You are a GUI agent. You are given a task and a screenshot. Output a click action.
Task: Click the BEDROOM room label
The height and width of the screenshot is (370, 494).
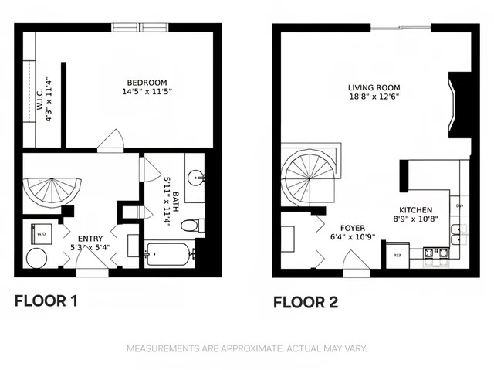(x=147, y=83)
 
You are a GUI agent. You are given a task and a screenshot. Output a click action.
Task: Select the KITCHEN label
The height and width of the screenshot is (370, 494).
(x=414, y=210)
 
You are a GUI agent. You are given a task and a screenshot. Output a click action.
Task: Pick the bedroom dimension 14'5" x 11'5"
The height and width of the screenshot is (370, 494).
(x=147, y=92)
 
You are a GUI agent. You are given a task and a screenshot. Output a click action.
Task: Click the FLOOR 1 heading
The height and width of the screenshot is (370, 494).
(x=46, y=300)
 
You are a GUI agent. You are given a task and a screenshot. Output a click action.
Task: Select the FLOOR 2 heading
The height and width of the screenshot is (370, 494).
(x=306, y=302)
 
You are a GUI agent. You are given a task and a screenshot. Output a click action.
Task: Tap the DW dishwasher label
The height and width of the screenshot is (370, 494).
(x=459, y=206)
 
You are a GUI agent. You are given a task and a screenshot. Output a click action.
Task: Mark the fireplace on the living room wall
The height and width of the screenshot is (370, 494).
(x=461, y=105)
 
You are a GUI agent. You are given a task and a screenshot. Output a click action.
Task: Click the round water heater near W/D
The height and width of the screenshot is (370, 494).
(x=36, y=258)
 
